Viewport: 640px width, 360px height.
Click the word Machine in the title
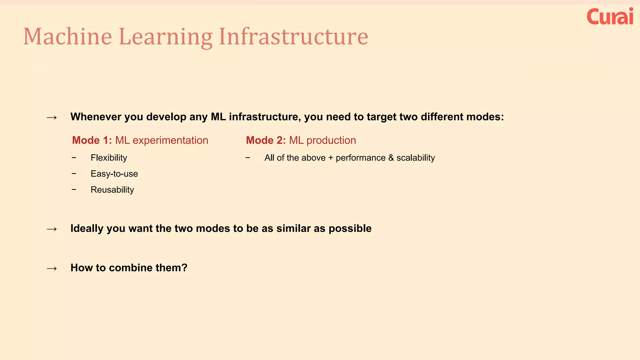[x=67, y=37]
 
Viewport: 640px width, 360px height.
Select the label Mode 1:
[x=92, y=140]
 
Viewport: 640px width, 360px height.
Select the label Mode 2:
[x=266, y=140]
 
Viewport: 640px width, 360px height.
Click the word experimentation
[x=170, y=141]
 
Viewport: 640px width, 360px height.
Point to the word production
[x=331, y=141]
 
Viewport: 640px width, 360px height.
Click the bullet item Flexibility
[x=109, y=158]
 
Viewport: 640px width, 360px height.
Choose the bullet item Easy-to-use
[x=114, y=174]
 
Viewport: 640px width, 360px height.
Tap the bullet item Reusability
[x=112, y=190]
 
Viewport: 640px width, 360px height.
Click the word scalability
[x=416, y=158]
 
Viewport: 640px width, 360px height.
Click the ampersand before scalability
[x=391, y=158]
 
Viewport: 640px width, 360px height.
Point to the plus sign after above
[x=331, y=158]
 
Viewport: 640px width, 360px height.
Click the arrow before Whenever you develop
[x=52, y=117]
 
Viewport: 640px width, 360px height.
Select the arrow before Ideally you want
[x=52, y=229]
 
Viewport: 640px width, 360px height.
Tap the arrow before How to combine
[x=52, y=268]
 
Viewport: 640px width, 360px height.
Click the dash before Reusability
[x=74, y=189]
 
